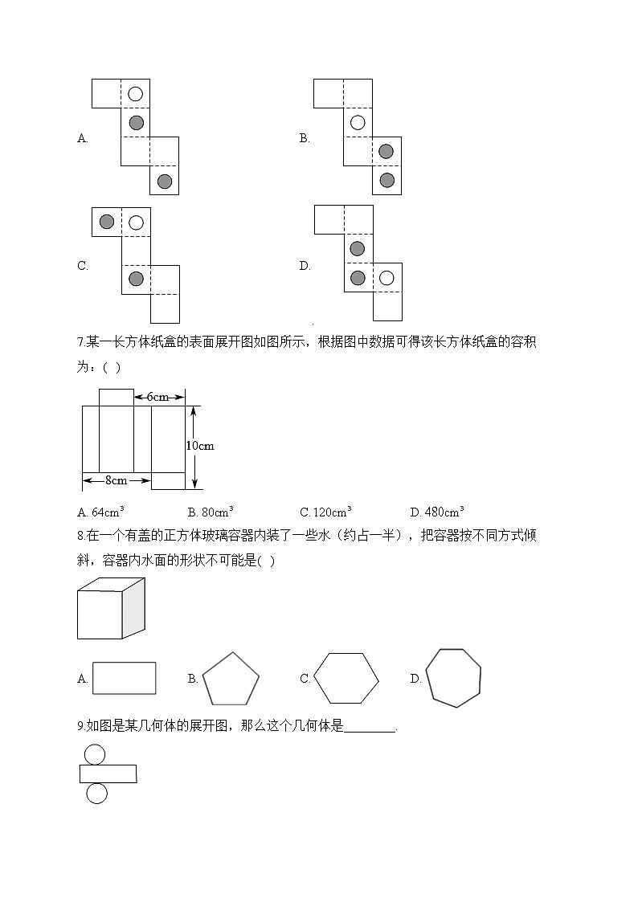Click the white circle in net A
pyautogui.click(x=136, y=94)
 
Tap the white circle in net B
pyautogui.click(x=358, y=123)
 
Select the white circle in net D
pyautogui.click(x=386, y=278)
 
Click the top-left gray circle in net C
pyautogui.click(x=107, y=221)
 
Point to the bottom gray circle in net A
pyautogui.click(x=165, y=181)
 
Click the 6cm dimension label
pyautogui.click(x=157, y=397)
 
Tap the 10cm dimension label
pyautogui.click(x=199, y=446)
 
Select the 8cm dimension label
pyautogui.click(x=117, y=480)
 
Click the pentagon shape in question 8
pyautogui.click(x=231, y=679)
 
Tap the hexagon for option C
pyautogui.click(x=346, y=678)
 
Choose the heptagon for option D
pyautogui.click(x=453, y=678)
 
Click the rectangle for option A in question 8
pyautogui.click(x=125, y=678)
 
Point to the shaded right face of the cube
pyautogui.click(x=133, y=608)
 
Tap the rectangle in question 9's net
pyautogui.click(x=108, y=773)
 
